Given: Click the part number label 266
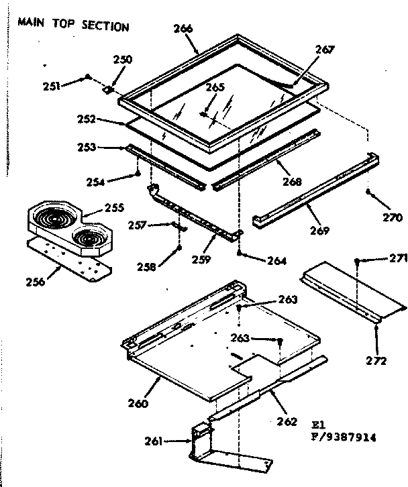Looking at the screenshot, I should tap(182, 28).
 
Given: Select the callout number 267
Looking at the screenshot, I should tap(323, 50).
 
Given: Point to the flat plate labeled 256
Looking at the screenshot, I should tap(71, 254).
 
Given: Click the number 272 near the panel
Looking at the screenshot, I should tap(376, 361).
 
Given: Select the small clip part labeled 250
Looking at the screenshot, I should tap(108, 88).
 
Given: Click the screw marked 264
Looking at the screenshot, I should tap(240, 254).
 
